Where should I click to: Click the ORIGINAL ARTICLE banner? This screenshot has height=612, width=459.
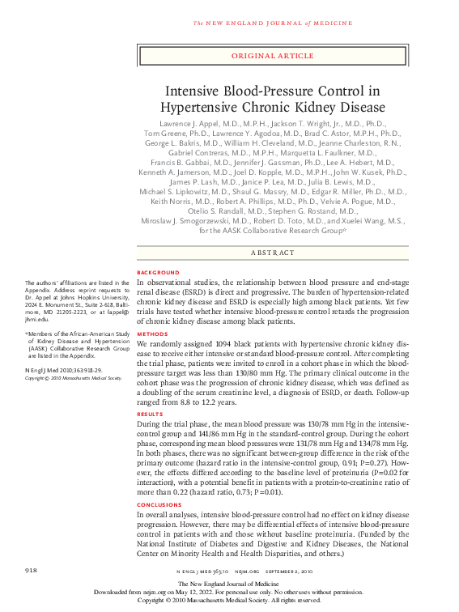pyautogui.click(x=272, y=56)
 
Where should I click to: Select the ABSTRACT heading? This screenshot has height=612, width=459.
pyautogui.click(x=272, y=253)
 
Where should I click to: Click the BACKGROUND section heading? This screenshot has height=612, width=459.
pyautogui.click(x=159, y=273)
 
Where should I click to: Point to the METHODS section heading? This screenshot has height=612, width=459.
pyautogui.click(x=152, y=333)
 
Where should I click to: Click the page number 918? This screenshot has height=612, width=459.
pyautogui.click(x=32, y=572)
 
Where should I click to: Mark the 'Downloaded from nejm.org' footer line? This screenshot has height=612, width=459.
pyautogui.click(x=229, y=592)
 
